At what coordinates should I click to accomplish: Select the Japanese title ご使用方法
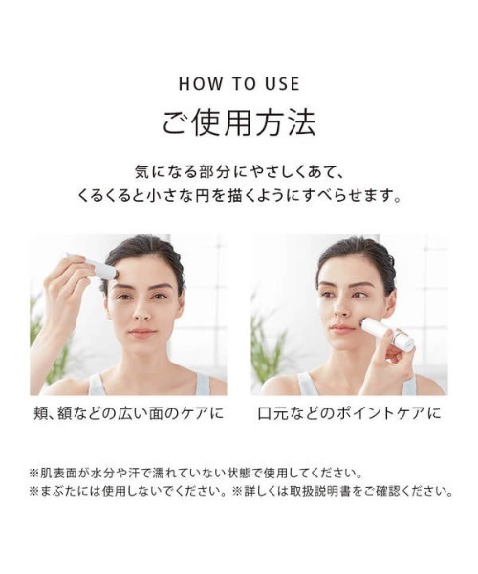click(x=238, y=123)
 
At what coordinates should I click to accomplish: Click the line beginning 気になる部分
click(x=238, y=173)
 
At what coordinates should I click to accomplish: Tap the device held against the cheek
click(x=386, y=332)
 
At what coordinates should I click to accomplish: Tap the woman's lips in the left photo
click(x=142, y=334)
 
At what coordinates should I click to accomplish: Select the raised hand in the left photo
click(x=63, y=287)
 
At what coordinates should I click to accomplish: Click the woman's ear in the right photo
click(x=389, y=304)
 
